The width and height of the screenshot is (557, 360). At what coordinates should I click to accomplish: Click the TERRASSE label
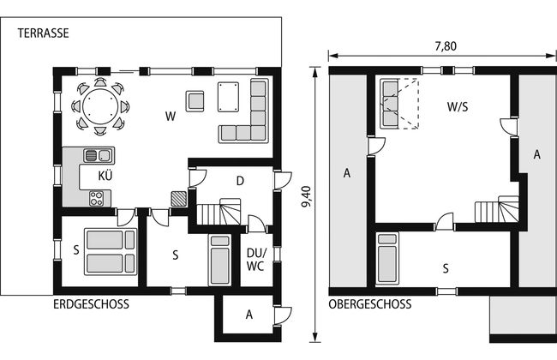[x=44, y=33]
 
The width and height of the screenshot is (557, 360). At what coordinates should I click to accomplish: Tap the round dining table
[x=100, y=106]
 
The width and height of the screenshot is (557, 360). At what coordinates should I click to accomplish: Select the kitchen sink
[x=98, y=155]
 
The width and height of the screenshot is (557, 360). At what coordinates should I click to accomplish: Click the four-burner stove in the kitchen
[x=97, y=199]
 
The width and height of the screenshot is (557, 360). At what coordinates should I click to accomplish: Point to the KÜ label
[x=105, y=176]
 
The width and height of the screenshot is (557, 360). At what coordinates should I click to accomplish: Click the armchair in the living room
[x=195, y=101]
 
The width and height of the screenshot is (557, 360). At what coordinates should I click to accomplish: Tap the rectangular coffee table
[x=228, y=97]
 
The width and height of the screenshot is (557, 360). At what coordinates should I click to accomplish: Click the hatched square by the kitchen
[x=179, y=199]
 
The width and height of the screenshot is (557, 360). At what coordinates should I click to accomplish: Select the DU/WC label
[x=256, y=260]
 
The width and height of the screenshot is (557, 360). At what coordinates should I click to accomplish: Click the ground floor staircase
[x=219, y=212]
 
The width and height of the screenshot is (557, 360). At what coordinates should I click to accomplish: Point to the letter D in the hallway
[x=240, y=181]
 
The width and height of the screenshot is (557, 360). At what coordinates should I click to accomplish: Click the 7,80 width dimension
[x=446, y=46]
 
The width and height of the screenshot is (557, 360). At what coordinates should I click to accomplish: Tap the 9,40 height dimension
[x=306, y=196]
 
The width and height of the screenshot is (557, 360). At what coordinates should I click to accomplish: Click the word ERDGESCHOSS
[x=92, y=304]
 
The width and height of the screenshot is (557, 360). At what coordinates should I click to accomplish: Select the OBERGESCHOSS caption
[x=370, y=304]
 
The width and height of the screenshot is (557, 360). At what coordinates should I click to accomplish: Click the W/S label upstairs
[x=458, y=107]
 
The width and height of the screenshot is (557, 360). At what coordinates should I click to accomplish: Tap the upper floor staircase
[x=497, y=209]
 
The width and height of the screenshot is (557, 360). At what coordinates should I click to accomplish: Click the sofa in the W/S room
[x=390, y=104]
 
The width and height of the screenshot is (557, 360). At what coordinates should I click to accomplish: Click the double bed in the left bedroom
[x=111, y=252]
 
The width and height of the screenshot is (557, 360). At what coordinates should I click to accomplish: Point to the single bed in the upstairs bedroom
[x=387, y=259]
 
